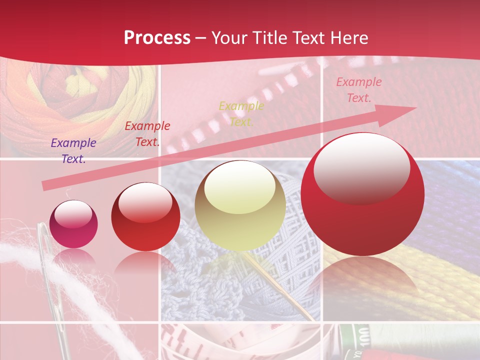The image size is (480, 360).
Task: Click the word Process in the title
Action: [157, 38]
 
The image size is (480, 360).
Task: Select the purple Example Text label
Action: [73, 151]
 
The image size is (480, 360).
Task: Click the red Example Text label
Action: [147, 134]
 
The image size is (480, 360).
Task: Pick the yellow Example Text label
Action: [241, 113]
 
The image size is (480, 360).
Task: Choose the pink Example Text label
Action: [358, 90]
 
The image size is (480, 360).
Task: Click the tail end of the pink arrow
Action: [45, 186]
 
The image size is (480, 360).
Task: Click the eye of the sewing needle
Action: [44, 235]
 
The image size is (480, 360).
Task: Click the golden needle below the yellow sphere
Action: [280, 285]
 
